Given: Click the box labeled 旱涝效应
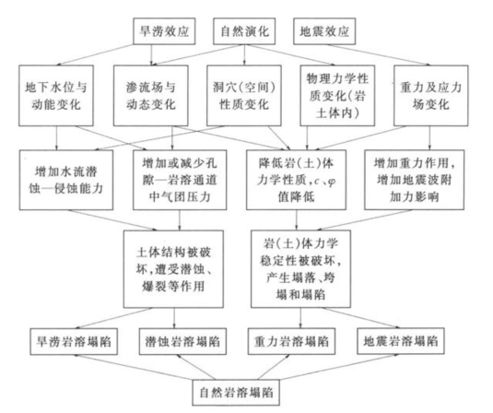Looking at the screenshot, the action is tap(164, 31).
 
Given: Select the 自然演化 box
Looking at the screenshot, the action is tap(244, 31).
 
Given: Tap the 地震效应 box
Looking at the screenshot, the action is tap(324, 31).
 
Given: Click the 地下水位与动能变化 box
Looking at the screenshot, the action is tap(56, 96).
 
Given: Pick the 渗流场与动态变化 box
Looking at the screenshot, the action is tap(151, 96).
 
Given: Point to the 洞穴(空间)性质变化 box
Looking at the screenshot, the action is tap(244, 96).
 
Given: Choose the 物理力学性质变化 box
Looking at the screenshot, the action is tap(337, 96).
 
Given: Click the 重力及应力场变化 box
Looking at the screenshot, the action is tap(431, 96).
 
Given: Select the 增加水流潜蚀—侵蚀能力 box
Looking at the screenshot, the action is tap(66, 180).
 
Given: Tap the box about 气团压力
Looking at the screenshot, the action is tap(180, 180).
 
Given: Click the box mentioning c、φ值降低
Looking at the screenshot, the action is tap(296, 180).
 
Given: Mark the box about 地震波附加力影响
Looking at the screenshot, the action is tap(414, 180).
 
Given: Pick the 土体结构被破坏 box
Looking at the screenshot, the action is tap(173, 269).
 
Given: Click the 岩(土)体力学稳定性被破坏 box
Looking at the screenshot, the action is tap(300, 269).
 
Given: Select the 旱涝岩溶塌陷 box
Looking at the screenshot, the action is tap(74, 342).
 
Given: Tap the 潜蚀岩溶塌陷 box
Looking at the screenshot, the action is tap(182, 342).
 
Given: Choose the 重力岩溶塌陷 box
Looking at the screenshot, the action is tap(291, 341).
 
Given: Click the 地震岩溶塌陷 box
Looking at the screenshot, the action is tap(401, 341).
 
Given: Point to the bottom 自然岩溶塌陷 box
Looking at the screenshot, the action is tap(236, 393).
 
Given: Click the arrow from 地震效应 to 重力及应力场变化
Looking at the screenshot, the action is tap(379, 55).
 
